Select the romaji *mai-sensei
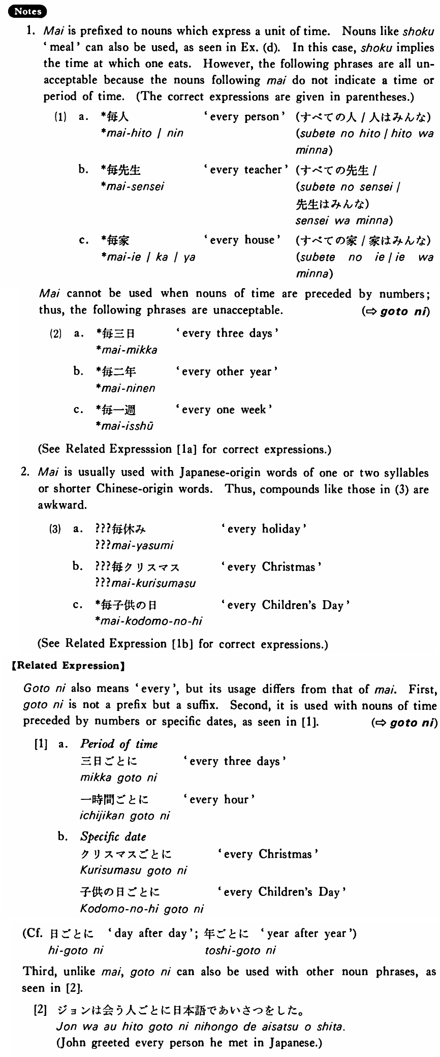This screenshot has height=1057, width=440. (133, 186)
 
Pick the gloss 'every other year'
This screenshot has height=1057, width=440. (227, 372)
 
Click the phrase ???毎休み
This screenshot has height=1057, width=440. (121, 530)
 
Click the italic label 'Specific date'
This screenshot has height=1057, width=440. (113, 837)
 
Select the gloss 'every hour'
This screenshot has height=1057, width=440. (219, 800)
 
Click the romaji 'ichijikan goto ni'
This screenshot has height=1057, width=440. (125, 816)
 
